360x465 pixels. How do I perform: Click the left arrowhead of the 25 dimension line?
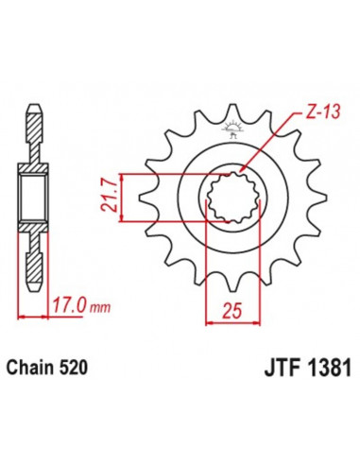coord(210,320)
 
